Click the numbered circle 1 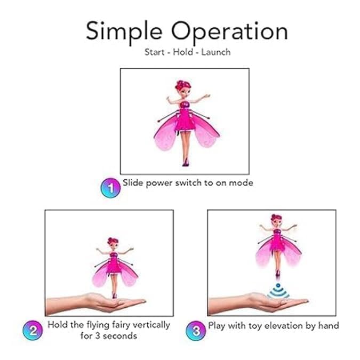coord(109,187)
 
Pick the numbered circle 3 coord(195,330)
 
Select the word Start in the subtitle coord(155,53)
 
